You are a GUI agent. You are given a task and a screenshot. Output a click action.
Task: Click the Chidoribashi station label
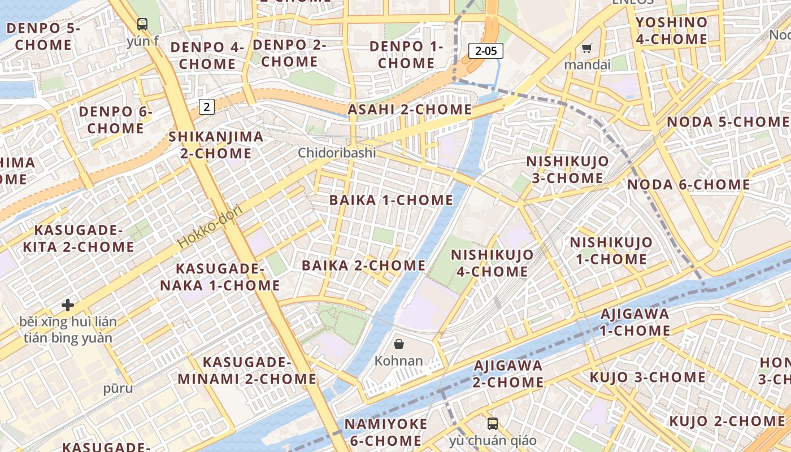coord(337,153)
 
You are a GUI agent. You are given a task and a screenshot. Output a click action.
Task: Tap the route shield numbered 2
coord(207,106)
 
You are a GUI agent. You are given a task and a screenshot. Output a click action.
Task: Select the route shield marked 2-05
coord(486,51)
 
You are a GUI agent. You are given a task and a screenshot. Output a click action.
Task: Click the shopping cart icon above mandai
coord(587,49)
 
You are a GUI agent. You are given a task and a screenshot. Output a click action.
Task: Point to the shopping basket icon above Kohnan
coord(399,344)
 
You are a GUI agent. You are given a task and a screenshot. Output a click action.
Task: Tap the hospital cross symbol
coord(68,305)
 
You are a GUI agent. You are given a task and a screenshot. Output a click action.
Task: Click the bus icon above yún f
coord(142,24)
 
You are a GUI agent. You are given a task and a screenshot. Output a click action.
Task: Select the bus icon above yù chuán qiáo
coord(493,424)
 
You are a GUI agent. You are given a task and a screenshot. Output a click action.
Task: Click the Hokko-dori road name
coord(210,227)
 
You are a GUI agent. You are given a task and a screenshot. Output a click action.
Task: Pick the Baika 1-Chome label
coord(392,200)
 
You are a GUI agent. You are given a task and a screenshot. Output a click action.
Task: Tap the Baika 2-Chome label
coord(364,266)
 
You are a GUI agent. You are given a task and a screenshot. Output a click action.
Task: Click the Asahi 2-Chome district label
coord(410,110)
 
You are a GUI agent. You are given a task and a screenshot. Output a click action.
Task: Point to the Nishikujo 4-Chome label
coord(492,263)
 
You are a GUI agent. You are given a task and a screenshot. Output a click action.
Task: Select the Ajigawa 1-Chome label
coord(634,322)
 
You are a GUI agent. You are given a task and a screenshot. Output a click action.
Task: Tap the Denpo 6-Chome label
coord(115,120)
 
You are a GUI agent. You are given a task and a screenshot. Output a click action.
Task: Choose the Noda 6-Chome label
coord(689,185)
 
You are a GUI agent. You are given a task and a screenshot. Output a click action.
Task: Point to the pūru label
coord(118,388)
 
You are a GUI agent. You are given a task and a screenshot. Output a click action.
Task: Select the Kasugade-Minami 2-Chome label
coord(247,370)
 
